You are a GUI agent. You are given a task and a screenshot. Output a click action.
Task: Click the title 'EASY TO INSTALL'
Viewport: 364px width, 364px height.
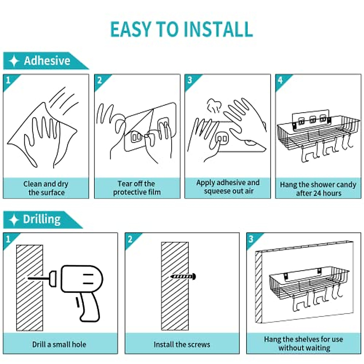click(x=181, y=29)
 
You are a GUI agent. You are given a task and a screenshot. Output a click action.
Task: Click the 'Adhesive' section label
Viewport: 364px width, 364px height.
click(x=47, y=61)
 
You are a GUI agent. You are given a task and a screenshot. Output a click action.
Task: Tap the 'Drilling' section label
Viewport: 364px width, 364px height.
click(x=42, y=220)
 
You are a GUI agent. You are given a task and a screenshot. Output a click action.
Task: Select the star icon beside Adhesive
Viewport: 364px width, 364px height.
click(x=14, y=61)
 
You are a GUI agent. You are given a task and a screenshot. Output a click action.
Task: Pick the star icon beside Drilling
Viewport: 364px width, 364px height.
click(x=14, y=220)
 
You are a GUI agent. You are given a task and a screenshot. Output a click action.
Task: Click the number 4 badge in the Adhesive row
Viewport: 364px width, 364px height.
click(x=280, y=80)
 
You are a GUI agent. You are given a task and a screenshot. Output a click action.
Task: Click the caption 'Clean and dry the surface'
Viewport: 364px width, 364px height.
click(x=46, y=188)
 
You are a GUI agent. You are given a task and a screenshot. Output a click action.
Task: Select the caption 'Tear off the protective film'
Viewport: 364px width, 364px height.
click(x=137, y=188)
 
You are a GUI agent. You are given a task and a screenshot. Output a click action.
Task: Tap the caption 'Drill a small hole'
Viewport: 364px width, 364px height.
click(x=59, y=344)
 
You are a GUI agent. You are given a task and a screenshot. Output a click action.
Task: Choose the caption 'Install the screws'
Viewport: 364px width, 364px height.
click(x=182, y=344)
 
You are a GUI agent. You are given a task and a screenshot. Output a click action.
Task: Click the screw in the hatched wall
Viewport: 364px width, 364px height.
click(x=183, y=277)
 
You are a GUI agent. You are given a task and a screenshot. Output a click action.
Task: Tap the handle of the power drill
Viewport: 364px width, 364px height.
click(x=89, y=306)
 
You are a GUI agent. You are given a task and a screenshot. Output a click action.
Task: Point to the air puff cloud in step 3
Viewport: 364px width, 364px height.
click(x=214, y=106)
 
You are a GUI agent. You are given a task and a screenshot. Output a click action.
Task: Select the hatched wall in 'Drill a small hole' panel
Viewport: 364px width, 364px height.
click(x=29, y=288)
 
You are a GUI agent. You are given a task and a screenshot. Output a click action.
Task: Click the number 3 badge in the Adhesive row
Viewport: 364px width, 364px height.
click(x=190, y=80)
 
